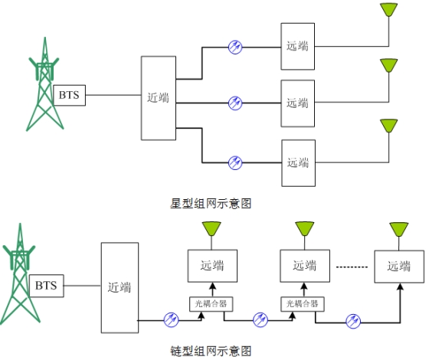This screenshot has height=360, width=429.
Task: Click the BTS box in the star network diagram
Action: [70, 95]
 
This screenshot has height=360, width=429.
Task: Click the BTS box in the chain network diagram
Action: [47, 286]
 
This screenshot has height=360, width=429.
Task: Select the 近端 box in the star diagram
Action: [159, 98]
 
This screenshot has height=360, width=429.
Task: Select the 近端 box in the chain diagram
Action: [120, 287]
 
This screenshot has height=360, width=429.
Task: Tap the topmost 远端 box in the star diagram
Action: [298, 47]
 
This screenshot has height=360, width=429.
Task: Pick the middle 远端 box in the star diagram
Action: [298, 103]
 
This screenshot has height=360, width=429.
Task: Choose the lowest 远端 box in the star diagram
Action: [299, 163]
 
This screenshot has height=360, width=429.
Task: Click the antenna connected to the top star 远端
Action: [389, 10]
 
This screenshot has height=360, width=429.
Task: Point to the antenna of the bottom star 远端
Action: [389, 126]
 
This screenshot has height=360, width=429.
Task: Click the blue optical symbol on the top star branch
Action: [235, 47]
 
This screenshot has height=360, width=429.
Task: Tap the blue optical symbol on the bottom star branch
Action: [235, 162]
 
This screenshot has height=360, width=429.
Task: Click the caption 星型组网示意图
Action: [211, 204]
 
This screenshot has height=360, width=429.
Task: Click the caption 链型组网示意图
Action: [211, 351]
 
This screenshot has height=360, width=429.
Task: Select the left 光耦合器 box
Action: [211, 304]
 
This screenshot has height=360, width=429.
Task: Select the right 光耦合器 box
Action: [303, 304]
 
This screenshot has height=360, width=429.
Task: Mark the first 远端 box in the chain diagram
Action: [212, 266]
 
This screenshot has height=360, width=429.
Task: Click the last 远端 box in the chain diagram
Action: [399, 267]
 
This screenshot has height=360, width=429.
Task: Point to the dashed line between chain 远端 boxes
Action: [352, 267]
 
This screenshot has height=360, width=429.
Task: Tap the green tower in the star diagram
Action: [44, 84]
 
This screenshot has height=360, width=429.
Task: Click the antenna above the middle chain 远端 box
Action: [305, 229]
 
